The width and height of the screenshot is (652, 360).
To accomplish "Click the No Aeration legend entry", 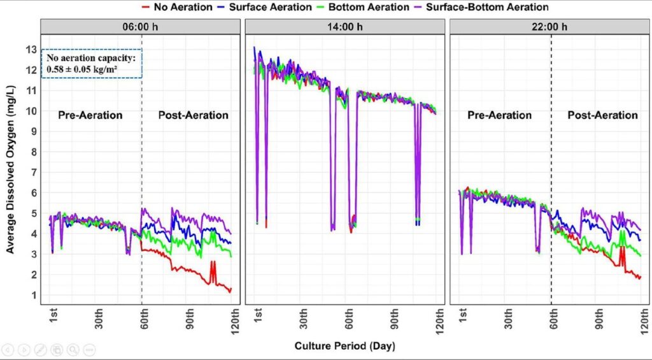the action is [x=177, y=7].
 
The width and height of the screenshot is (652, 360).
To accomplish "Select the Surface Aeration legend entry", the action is [x=264, y=7].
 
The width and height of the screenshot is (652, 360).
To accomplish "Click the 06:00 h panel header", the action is [x=140, y=27].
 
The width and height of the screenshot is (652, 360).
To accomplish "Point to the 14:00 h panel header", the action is [x=344, y=27].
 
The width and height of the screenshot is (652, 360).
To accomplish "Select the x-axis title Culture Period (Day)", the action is [x=344, y=346].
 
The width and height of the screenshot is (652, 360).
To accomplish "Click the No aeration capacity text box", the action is [x=92, y=63].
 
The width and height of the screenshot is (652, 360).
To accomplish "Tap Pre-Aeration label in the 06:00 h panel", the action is [x=90, y=115].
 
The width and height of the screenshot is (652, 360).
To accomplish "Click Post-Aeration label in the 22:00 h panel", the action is [x=602, y=115].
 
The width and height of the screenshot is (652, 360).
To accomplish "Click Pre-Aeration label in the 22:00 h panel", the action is [x=499, y=115].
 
